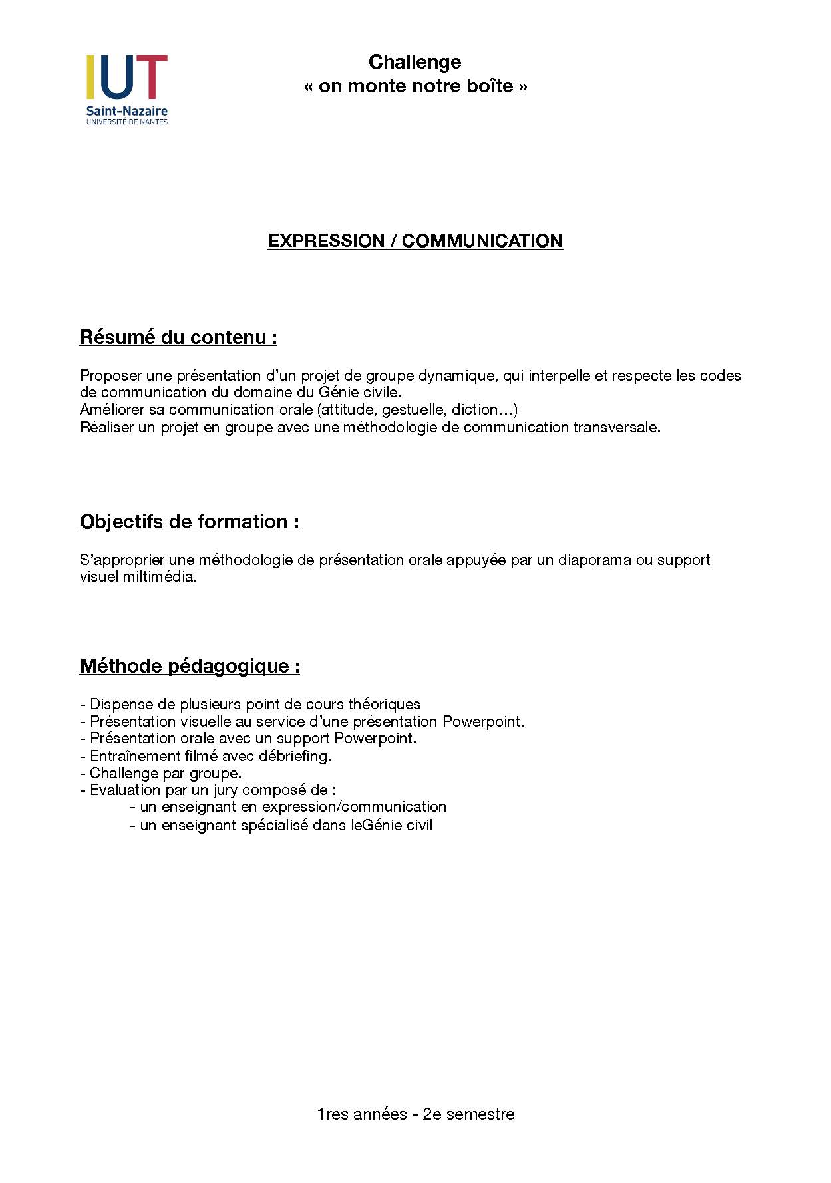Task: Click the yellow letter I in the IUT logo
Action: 90,77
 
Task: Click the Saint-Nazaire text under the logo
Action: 126,111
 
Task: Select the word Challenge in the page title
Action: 415,62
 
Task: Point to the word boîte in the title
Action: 490,86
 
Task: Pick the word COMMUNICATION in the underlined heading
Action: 482,241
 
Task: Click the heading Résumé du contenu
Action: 178,337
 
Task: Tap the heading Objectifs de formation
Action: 189,522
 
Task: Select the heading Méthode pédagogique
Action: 190,666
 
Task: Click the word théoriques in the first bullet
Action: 384,704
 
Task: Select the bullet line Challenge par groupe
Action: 165,773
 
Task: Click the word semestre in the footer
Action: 480,1114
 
